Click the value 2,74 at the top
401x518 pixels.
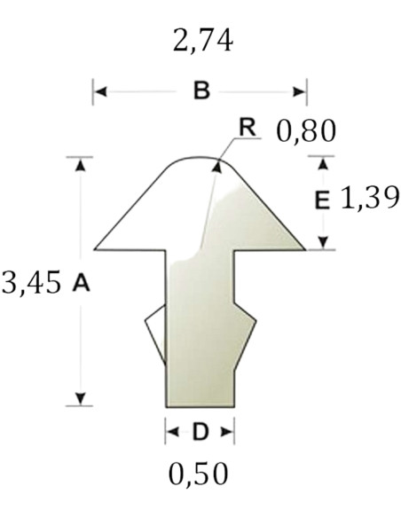click(x=203, y=41)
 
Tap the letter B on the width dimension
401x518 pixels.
click(x=201, y=90)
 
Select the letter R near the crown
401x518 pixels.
click(x=248, y=128)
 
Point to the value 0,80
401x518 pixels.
click(x=306, y=130)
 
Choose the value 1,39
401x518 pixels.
click(x=370, y=198)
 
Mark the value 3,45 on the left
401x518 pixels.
click(x=32, y=282)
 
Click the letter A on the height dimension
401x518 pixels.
click(x=81, y=283)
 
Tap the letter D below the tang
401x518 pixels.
click(x=200, y=432)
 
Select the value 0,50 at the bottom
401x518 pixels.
click(x=198, y=474)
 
